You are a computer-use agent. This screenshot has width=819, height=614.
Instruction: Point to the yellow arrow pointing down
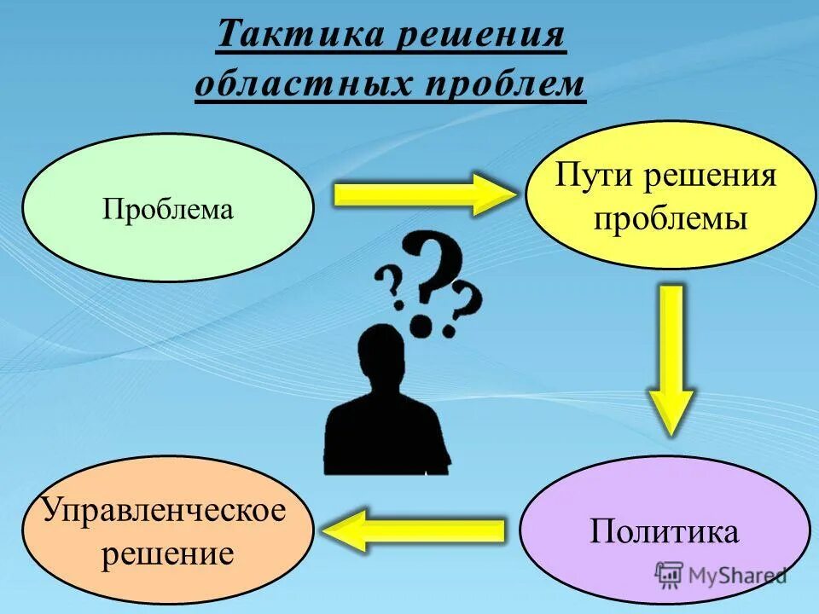672,358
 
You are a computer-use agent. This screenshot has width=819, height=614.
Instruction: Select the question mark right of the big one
464,310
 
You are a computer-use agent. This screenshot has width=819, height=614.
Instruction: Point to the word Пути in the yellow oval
594,177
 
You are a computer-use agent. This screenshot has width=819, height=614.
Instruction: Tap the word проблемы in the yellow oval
671,219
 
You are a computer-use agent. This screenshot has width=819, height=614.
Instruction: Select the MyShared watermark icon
670,574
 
